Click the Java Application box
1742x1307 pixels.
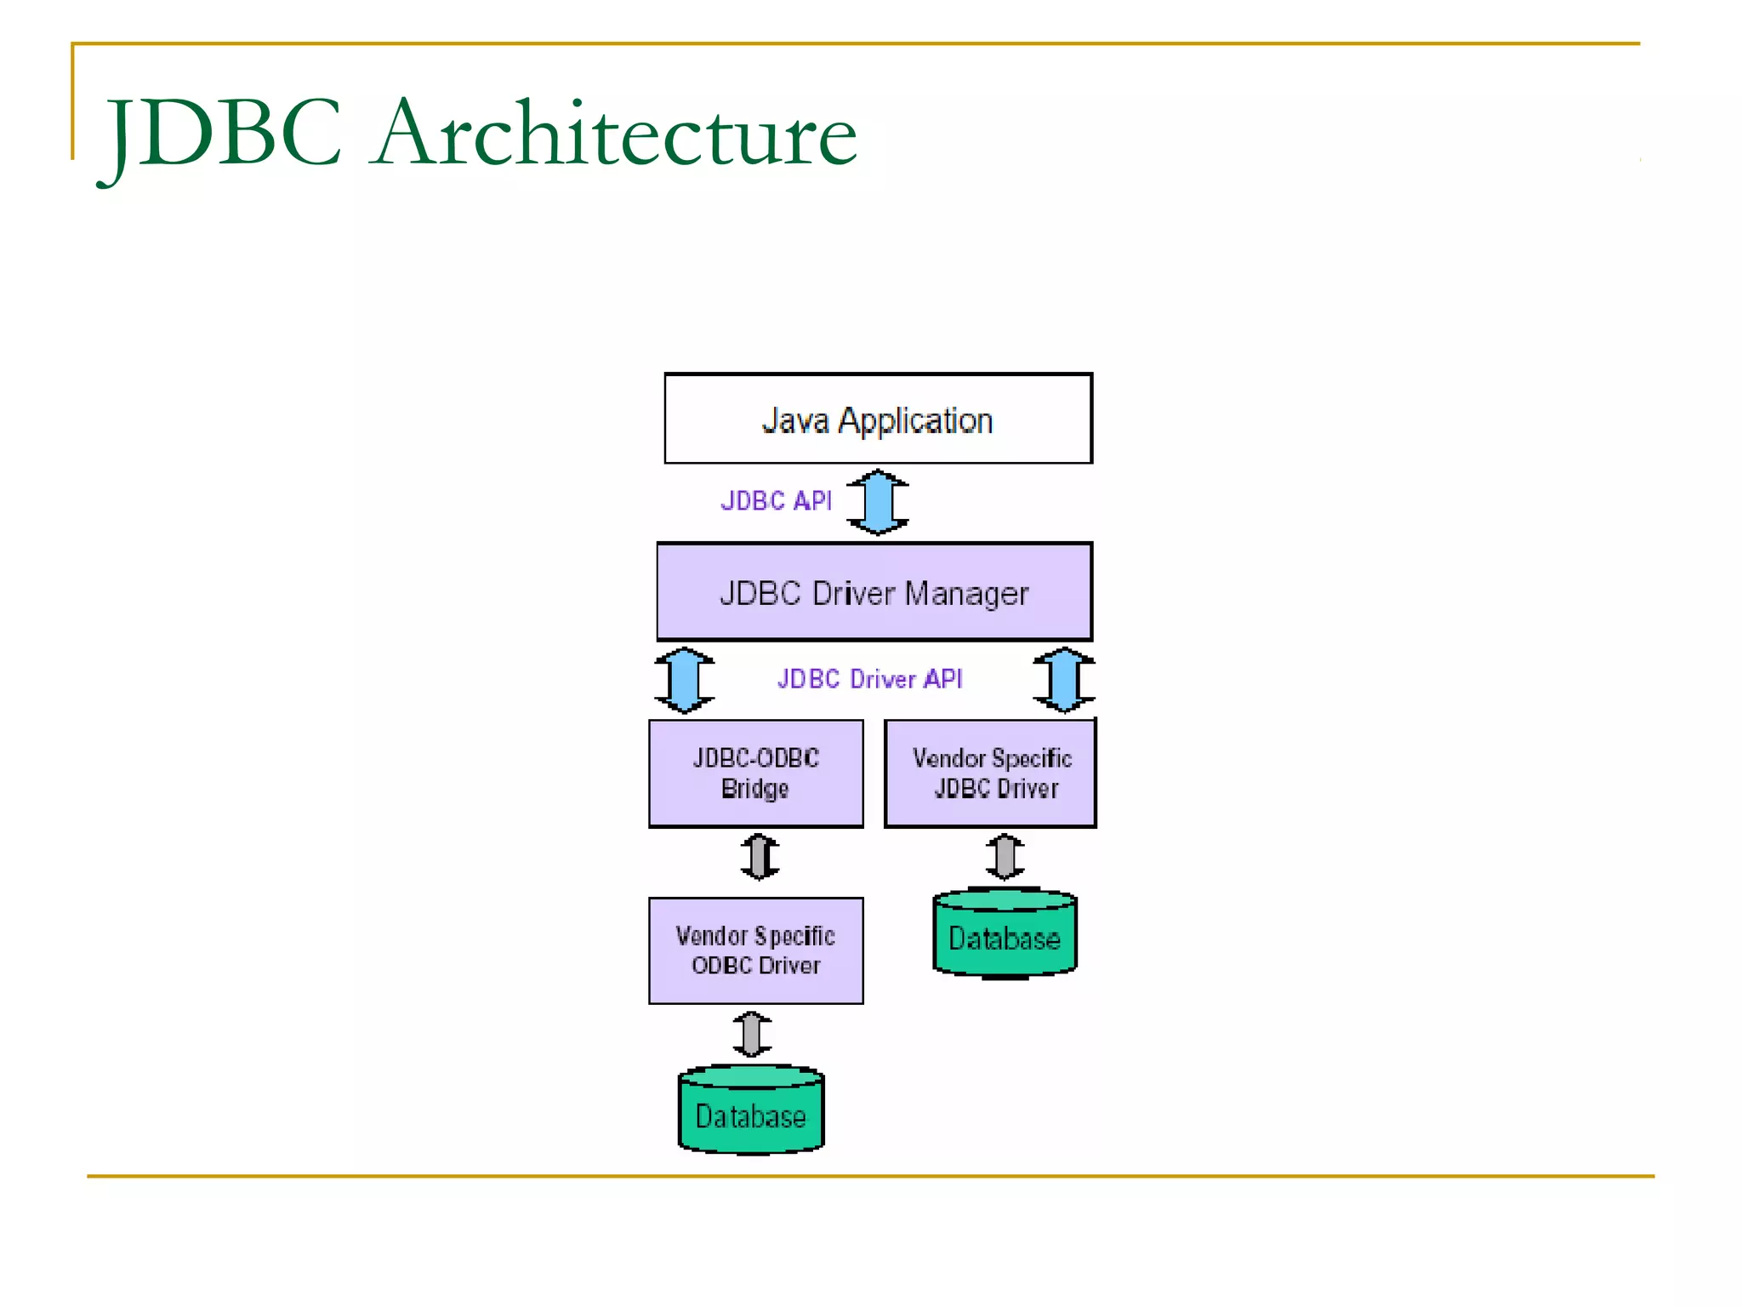click(x=878, y=419)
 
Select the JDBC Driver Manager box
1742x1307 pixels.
click(x=874, y=592)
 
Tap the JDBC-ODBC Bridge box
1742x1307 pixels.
click(x=755, y=773)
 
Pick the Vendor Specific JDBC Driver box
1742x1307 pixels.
click(x=991, y=773)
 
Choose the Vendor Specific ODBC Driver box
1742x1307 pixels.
click(x=755, y=950)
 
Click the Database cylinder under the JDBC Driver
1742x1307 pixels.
click(x=1005, y=936)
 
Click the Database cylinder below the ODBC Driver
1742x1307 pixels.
click(x=751, y=1113)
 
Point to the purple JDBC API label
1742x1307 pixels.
click(x=776, y=500)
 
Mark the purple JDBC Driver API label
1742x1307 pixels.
click(x=869, y=679)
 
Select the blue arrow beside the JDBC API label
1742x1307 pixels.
click(x=878, y=502)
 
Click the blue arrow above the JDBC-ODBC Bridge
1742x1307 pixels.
click(x=684, y=680)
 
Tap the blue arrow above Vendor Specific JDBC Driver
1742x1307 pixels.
click(x=1063, y=680)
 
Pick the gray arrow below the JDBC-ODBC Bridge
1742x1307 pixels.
click(x=760, y=857)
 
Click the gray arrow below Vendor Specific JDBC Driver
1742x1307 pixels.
click(x=1005, y=856)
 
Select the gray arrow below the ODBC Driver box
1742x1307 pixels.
click(x=752, y=1034)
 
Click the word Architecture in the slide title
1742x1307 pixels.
click(x=616, y=134)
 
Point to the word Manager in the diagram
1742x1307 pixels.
click(x=966, y=594)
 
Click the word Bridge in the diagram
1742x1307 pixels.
click(x=754, y=789)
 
